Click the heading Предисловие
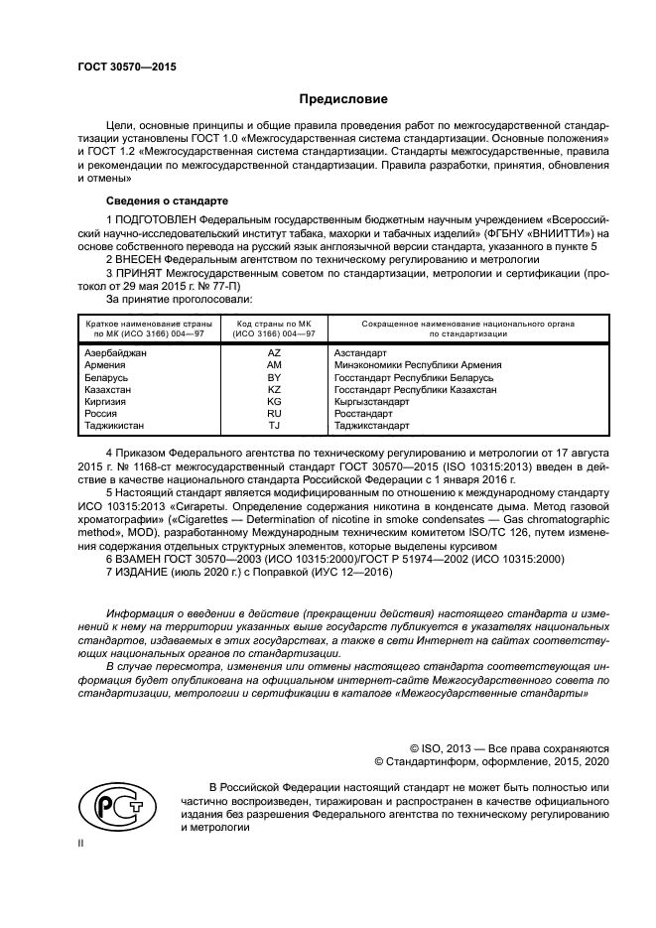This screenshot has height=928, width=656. click(x=344, y=99)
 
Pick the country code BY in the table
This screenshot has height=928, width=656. click(x=274, y=378)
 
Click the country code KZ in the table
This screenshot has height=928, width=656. click(x=274, y=391)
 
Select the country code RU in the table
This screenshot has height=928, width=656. click(x=274, y=415)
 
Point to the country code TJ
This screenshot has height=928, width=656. click(x=274, y=427)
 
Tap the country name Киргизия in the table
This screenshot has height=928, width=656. click(x=107, y=403)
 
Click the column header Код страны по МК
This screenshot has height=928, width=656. click(x=274, y=324)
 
